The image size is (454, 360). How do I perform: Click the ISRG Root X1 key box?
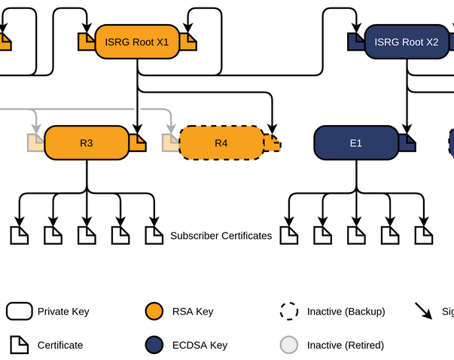tap(137, 42)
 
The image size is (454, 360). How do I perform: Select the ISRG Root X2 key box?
tap(407, 42)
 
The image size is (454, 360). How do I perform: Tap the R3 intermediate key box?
tap(87, 142)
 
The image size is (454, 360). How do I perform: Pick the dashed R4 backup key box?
tap(221, 142)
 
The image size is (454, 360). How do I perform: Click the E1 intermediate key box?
tap(355, 142)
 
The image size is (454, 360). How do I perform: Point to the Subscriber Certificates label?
tap(221, 236)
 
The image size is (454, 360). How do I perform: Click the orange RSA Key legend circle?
tap(154, 312)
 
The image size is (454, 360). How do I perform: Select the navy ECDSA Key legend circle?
tap(154, 345)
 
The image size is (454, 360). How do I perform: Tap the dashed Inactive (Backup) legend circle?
tap(288, 312)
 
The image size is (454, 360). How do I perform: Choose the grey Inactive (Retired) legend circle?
tap(288, 345)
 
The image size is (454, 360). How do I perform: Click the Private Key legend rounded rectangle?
tap(19, 312)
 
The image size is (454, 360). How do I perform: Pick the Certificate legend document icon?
tap(19, 345)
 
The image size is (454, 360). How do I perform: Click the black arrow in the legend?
tap(424, 311)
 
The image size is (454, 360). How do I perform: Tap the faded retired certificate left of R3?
tap(35, 142)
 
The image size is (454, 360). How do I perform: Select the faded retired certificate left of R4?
tap(171, 142)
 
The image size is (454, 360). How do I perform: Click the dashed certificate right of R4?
tap(273, 142)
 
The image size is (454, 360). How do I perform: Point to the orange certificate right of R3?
tap(138, 142)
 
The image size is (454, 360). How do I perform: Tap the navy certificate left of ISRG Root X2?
tap(355, 42)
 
